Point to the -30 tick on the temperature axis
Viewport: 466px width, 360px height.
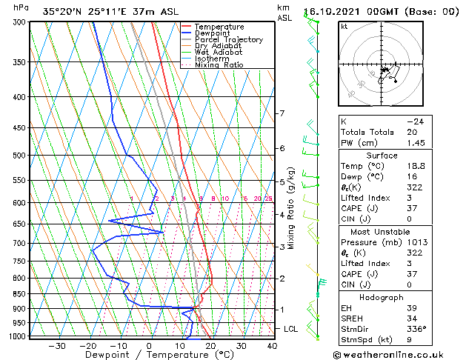click(x=57, y=346)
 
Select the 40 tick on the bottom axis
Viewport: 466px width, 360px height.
click(x=272, y=346)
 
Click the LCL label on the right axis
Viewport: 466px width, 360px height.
click(x=291, y=328)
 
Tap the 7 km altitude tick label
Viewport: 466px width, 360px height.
click(x=282, y=113)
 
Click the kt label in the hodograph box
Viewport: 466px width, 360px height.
click(x=344, y=27)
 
